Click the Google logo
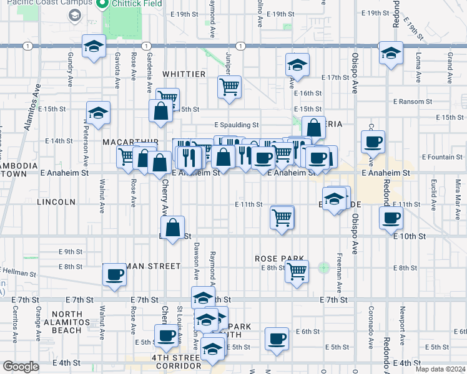tap(21, 367)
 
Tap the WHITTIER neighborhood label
tap(184, 74)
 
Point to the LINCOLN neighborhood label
tap(56, 203)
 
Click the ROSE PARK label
tap(279, 258)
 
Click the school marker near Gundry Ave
tap(94, 47)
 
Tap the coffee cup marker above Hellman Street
tap(114, 274)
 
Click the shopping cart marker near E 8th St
tap(297, 271)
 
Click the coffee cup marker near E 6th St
tap(276, 338)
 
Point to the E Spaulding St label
tap(237, 125)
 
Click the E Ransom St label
tap(413, 101)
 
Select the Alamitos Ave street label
tap(31, 106)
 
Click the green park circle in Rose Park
tap(323, 267)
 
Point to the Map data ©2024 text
tap(440, 369)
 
